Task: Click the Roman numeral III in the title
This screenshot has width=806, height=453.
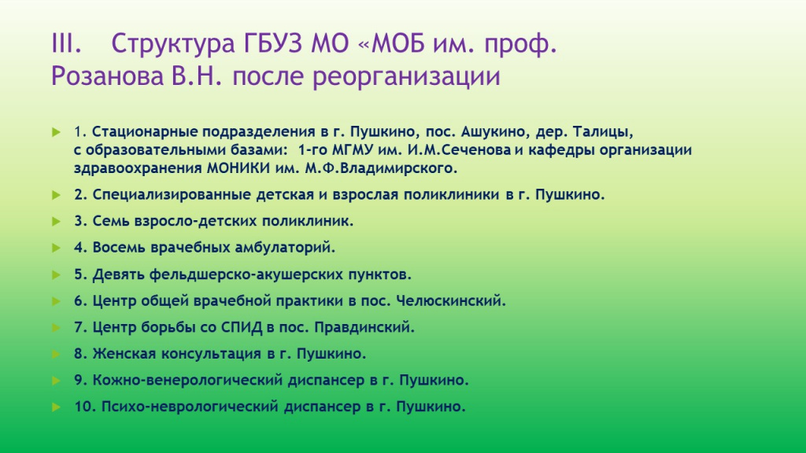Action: pos(66,43)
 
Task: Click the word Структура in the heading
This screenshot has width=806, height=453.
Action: pos(172,44)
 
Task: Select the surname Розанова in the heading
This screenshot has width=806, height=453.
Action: pos(107,76)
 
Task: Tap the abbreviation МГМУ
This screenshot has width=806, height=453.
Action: pos(352,150)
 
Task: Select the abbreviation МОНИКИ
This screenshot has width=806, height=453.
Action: pos(238,168)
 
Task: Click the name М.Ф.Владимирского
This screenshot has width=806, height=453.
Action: pos(381,168)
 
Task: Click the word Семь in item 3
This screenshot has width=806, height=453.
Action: pos(110,221)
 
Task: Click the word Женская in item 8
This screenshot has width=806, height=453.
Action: pos(124,353)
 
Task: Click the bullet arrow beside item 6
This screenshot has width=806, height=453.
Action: pos(56,301)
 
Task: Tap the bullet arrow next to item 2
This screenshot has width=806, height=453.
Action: pos(56,195)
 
